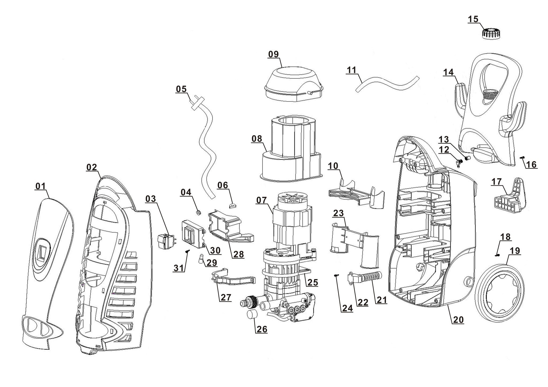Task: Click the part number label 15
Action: (x=473, y=19)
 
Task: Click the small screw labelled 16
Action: (x=522, y=158)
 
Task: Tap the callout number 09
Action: (x=273, y=54)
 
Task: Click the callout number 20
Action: (x=458, y=319)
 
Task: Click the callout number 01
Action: (x=40, y=186)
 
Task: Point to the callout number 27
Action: (x=225, y=297)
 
